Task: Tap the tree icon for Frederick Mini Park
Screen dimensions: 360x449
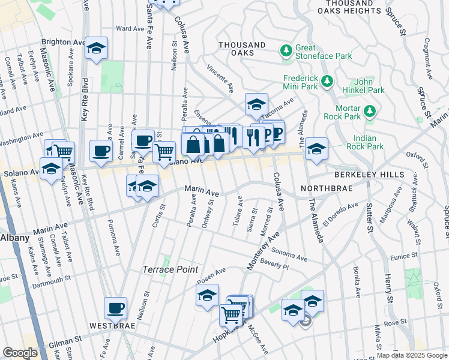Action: tap(327, 80)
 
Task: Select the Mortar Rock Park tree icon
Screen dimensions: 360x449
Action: tap(370, 110)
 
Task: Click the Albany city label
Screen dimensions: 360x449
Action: tap(14, 238)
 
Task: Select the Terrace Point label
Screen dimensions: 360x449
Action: tap(170, 269)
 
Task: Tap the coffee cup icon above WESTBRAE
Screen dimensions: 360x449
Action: tap(116, 308)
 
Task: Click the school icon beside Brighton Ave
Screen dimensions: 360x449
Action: tap(95, 49)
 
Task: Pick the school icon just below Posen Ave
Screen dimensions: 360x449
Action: tap(207, 295)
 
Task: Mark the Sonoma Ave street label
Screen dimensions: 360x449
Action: tap(289, 255)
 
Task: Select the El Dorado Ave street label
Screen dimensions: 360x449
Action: tap(342, 212)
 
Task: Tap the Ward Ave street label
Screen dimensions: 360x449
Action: tap(130, 28)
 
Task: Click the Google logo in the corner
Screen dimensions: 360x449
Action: tap(20, 353)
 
